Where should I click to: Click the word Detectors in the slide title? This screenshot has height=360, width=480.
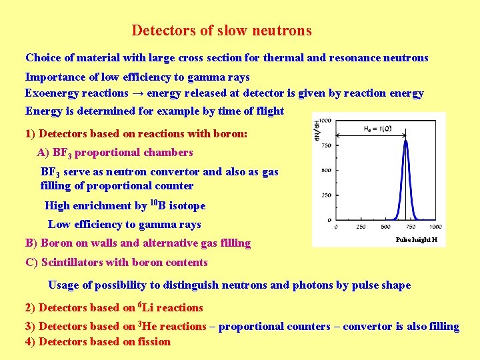tap(159, 31)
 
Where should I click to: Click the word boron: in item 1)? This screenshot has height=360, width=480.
tap(230, 134)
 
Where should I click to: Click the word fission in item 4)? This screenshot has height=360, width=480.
tap(153, 342)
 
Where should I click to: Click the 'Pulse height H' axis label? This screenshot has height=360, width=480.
tap(417, 239)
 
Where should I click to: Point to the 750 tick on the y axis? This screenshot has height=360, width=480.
tap(325, 145)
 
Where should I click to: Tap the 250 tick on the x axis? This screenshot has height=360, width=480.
tap(360, 227)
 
